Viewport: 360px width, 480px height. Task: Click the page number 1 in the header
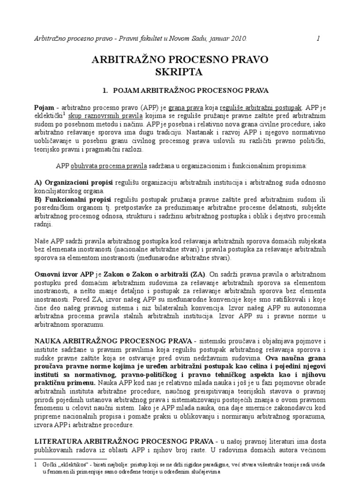click(318, 39)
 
